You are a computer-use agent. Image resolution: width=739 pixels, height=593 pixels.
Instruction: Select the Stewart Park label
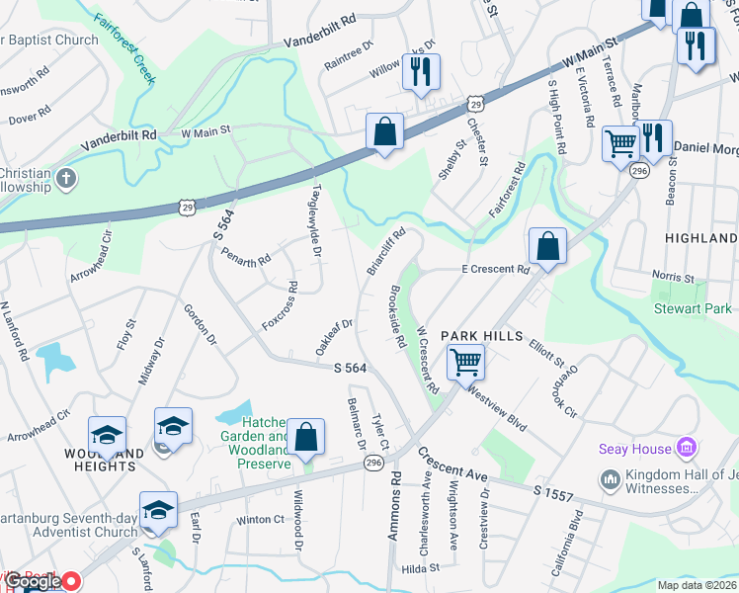[693, 309]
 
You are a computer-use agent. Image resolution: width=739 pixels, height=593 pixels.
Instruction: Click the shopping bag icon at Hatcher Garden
[307, 439]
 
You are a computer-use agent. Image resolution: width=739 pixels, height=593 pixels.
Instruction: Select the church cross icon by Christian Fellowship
[66, 179]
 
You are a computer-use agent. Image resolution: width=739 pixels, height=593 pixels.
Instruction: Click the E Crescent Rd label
[495, 269]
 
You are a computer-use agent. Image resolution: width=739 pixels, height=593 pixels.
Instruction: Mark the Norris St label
[675, 278]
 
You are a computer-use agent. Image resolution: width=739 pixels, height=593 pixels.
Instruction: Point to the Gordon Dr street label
[198, 324]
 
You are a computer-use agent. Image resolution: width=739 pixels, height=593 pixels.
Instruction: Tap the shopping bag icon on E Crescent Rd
[546, 246]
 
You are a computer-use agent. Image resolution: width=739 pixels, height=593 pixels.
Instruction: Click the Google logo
[35, 582]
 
